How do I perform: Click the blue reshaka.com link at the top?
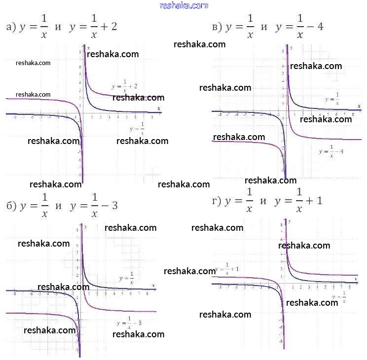point(184,5)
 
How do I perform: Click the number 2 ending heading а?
point(113,27)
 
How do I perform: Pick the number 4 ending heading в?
point(320,27)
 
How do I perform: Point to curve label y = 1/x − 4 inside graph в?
point(331,151)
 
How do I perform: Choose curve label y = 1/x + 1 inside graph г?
point(227,269)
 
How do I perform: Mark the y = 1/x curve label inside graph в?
point(332,99)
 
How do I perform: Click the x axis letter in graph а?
point(158,108)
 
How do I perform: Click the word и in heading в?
point(263,27)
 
